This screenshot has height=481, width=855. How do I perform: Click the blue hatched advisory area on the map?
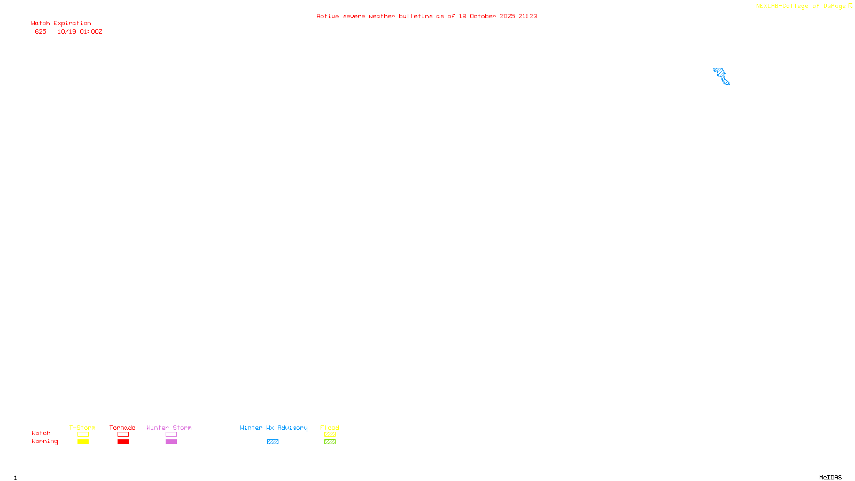[721, 75]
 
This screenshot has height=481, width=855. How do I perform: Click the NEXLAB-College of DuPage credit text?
[800, 6]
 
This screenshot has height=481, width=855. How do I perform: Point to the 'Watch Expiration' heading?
[61, 23]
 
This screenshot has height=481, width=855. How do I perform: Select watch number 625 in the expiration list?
[41, 32]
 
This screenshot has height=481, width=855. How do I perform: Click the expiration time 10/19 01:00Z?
[80, 32]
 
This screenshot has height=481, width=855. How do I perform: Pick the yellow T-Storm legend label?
[82, 428]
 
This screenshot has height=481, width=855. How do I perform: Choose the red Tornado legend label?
[122, 428]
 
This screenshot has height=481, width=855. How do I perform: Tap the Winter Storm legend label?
[169, 428]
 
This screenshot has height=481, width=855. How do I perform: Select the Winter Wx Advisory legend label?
[274, 428]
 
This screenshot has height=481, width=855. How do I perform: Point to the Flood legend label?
[330, 428]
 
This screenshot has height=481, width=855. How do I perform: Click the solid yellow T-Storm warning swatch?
[83, 442]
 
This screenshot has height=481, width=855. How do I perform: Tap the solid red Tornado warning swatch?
[123, 442]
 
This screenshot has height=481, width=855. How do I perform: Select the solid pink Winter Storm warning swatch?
[171, 442]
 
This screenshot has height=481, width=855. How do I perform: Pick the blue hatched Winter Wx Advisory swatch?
[273, 442]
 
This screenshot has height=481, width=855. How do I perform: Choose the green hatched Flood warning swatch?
[330, 442]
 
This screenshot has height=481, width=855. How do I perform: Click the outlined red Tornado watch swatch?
[123, 435]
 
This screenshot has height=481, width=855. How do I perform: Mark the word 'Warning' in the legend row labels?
[44, 441]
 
